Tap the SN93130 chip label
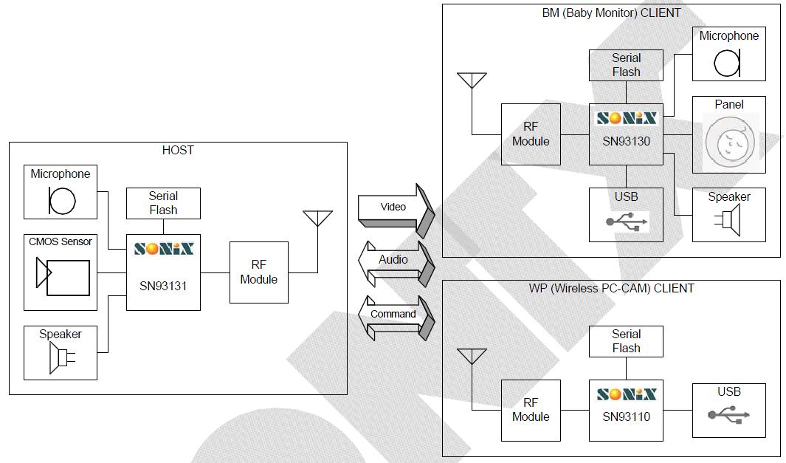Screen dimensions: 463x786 [626, 140]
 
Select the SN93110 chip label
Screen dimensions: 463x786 [626, 416]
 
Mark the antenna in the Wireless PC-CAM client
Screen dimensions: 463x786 [472, 357]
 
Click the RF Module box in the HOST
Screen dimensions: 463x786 [258, 272]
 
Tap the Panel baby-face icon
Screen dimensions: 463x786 [728, 141]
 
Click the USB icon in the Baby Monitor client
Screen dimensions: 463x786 [626, 221]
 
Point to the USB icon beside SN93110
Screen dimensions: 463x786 [728, 416]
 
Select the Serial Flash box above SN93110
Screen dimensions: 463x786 [626, 341]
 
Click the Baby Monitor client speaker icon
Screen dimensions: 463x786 [728, 221]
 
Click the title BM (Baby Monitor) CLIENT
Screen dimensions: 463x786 [611, 13]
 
